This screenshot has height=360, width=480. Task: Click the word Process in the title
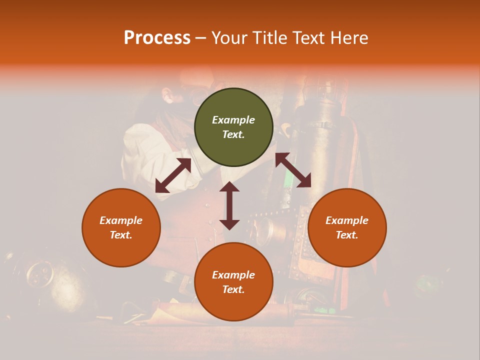[157, 38]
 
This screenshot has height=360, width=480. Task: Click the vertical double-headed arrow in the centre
[229, 205]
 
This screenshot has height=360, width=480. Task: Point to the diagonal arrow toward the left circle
[173, 175]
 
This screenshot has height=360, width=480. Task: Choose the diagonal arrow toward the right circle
[293, 170]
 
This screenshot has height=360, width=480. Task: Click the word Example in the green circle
[233, 120]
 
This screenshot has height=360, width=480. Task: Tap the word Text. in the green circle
[233, 134]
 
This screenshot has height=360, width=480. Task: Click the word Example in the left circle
[121, 220]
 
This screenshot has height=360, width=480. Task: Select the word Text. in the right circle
[347, 235]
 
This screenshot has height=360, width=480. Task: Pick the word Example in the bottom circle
[233, 275]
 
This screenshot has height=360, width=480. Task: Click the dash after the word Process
[201, 38]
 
